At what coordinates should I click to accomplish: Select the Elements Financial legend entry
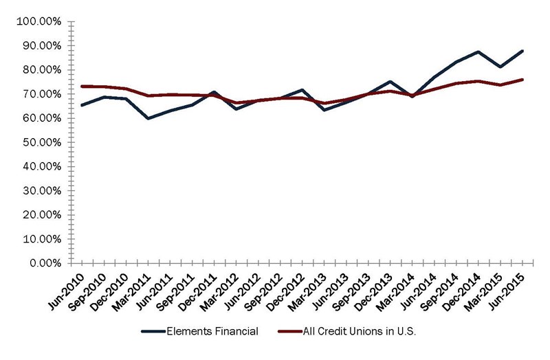pos(199,331)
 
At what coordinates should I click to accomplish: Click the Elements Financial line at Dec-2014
pos(479,52)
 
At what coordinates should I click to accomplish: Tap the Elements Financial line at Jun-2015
pos(522,51)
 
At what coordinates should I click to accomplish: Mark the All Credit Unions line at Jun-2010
pos(82,86)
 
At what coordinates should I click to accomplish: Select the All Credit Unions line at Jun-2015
pos(522,80)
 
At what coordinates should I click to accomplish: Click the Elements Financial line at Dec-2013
pos(390,82)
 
